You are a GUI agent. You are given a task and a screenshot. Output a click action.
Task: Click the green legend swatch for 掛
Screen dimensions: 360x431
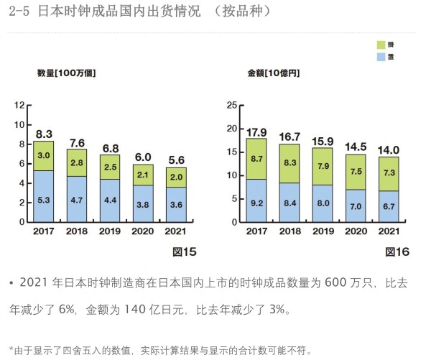pos(381,44)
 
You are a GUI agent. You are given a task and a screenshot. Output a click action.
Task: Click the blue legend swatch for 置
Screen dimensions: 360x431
pos(381,56)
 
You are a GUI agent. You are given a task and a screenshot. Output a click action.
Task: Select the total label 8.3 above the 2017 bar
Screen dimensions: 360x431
pos(44,134)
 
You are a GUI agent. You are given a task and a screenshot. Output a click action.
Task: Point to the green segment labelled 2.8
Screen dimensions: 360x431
pos(77,162)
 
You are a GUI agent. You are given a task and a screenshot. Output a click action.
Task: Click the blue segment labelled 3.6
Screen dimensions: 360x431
pos(176,204)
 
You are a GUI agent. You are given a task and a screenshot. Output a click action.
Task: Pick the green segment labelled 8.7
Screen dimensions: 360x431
pos(256,158)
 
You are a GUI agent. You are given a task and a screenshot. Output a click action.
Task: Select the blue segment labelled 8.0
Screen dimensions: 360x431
pos(323,203)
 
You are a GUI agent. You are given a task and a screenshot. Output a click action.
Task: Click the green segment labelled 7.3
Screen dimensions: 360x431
pos(389,173)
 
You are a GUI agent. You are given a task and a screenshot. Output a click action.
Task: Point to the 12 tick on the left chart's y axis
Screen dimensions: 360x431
pos(19,106)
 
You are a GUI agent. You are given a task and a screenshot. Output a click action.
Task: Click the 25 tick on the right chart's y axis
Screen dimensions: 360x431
pos(231,106)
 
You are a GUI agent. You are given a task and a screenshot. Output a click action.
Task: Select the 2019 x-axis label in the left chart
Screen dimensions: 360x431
pos(110,231)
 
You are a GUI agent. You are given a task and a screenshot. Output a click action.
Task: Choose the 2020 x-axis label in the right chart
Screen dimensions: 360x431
pos(356,231)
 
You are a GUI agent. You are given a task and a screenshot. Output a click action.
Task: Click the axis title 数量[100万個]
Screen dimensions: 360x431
pos(67,73)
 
